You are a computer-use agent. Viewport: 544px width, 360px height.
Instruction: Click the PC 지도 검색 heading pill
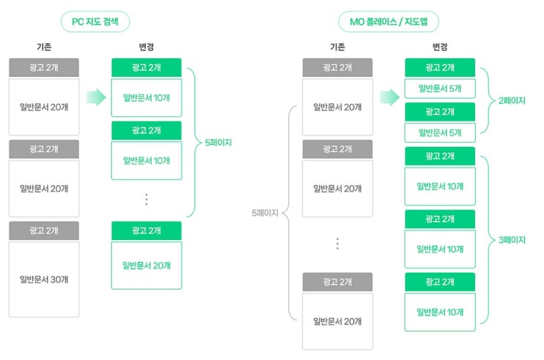click(x=95, y=21)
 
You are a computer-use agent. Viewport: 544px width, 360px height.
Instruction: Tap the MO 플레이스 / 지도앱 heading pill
click(x=389, y=21)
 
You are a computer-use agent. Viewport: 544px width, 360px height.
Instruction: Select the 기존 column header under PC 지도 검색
click(x=44, y=47)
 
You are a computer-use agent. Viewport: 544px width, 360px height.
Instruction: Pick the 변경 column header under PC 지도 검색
click(x=146, y=47)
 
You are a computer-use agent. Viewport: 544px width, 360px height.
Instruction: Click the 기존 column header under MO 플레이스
click(x=338, y=47)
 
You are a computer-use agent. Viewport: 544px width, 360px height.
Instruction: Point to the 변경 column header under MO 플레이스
click(x=440, y=47)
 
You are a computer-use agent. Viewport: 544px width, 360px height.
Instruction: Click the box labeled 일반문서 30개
click(x=44, y=280)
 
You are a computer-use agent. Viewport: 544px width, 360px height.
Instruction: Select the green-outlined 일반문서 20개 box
click(x=146, y=266)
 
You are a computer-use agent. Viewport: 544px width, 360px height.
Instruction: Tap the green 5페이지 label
click(x=218, y=143)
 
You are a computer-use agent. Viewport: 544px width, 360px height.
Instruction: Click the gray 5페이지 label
click(x=265, y=213)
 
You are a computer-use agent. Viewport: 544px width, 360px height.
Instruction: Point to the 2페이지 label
click(x=512, y=100)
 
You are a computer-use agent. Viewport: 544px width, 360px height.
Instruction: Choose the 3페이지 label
click(x=512, y=240)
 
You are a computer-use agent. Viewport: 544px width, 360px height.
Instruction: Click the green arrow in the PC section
click(x=96, y=97)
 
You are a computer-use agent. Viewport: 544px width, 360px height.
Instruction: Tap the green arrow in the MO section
click(x=390, y=97)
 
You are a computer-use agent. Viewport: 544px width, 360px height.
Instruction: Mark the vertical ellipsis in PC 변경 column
click(x=146, y=200)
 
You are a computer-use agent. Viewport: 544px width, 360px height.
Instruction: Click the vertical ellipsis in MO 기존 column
click(x=338, y=244)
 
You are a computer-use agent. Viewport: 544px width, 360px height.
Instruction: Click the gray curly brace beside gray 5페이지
click(x=285, y=213)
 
